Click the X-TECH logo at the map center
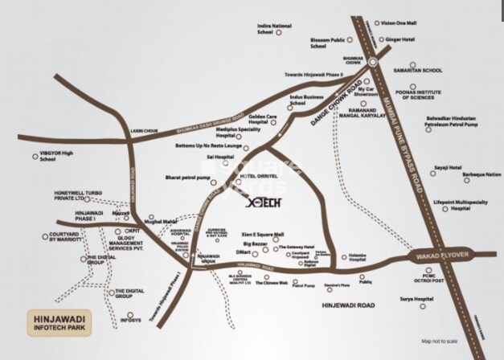(264, 201)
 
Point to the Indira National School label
(274, 31)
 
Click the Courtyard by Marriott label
(41, 239)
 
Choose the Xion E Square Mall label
(263, 235)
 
